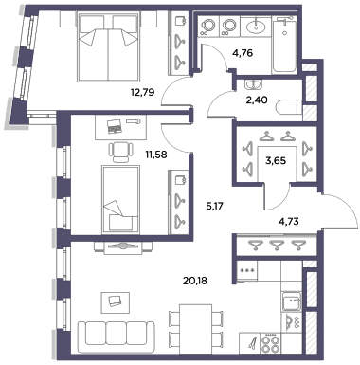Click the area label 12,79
pyautogui.click(x=142, y=93)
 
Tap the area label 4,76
pyautogui.click(x=243, y=53)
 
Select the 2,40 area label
pyautogui.click(x=257, y=100)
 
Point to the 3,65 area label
pyautogui.click(x=276, y=161)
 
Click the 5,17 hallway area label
pyautogui.click(x=214, y=207)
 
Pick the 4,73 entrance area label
pyautogui.click(x=288, y=221)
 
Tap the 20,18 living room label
pyautogui.click(x=195, y=281)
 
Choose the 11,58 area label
pyautogui.click(x=155, y=155)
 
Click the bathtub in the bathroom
pyautogui.click(x=284, y=45)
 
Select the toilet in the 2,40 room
pyautogui.click(x=289, y=107)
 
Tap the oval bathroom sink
pyautogui.click(x=256, y=27)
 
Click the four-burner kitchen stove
pyautogui.click(x=269, y=343)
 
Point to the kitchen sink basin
pyautogui.click(x=291, y=301)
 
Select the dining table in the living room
pyautogui.click(x=195, y=329)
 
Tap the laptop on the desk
pyautogui.click(x=114, y=126)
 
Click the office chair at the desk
pyautogui.click(x=120, y=152)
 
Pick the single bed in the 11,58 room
pyautogui.click(x=120, y=200)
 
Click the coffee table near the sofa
pyautogui.click(x=116, y=302)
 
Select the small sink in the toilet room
pyautogui.click(x=253, y=84)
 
